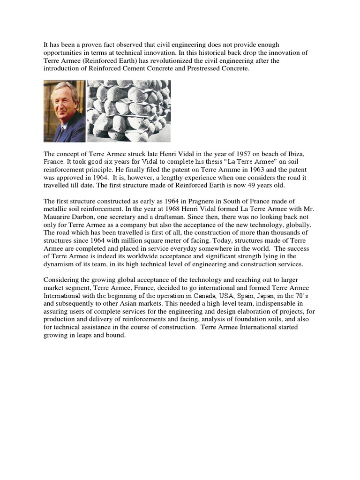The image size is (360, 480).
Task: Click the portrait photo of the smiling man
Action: (x=64, y=111)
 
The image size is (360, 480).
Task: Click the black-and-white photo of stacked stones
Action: (x=128, y=111)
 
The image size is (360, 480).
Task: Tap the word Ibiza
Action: (x=275, y=154)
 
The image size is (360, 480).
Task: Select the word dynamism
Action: (x=60, y=264)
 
